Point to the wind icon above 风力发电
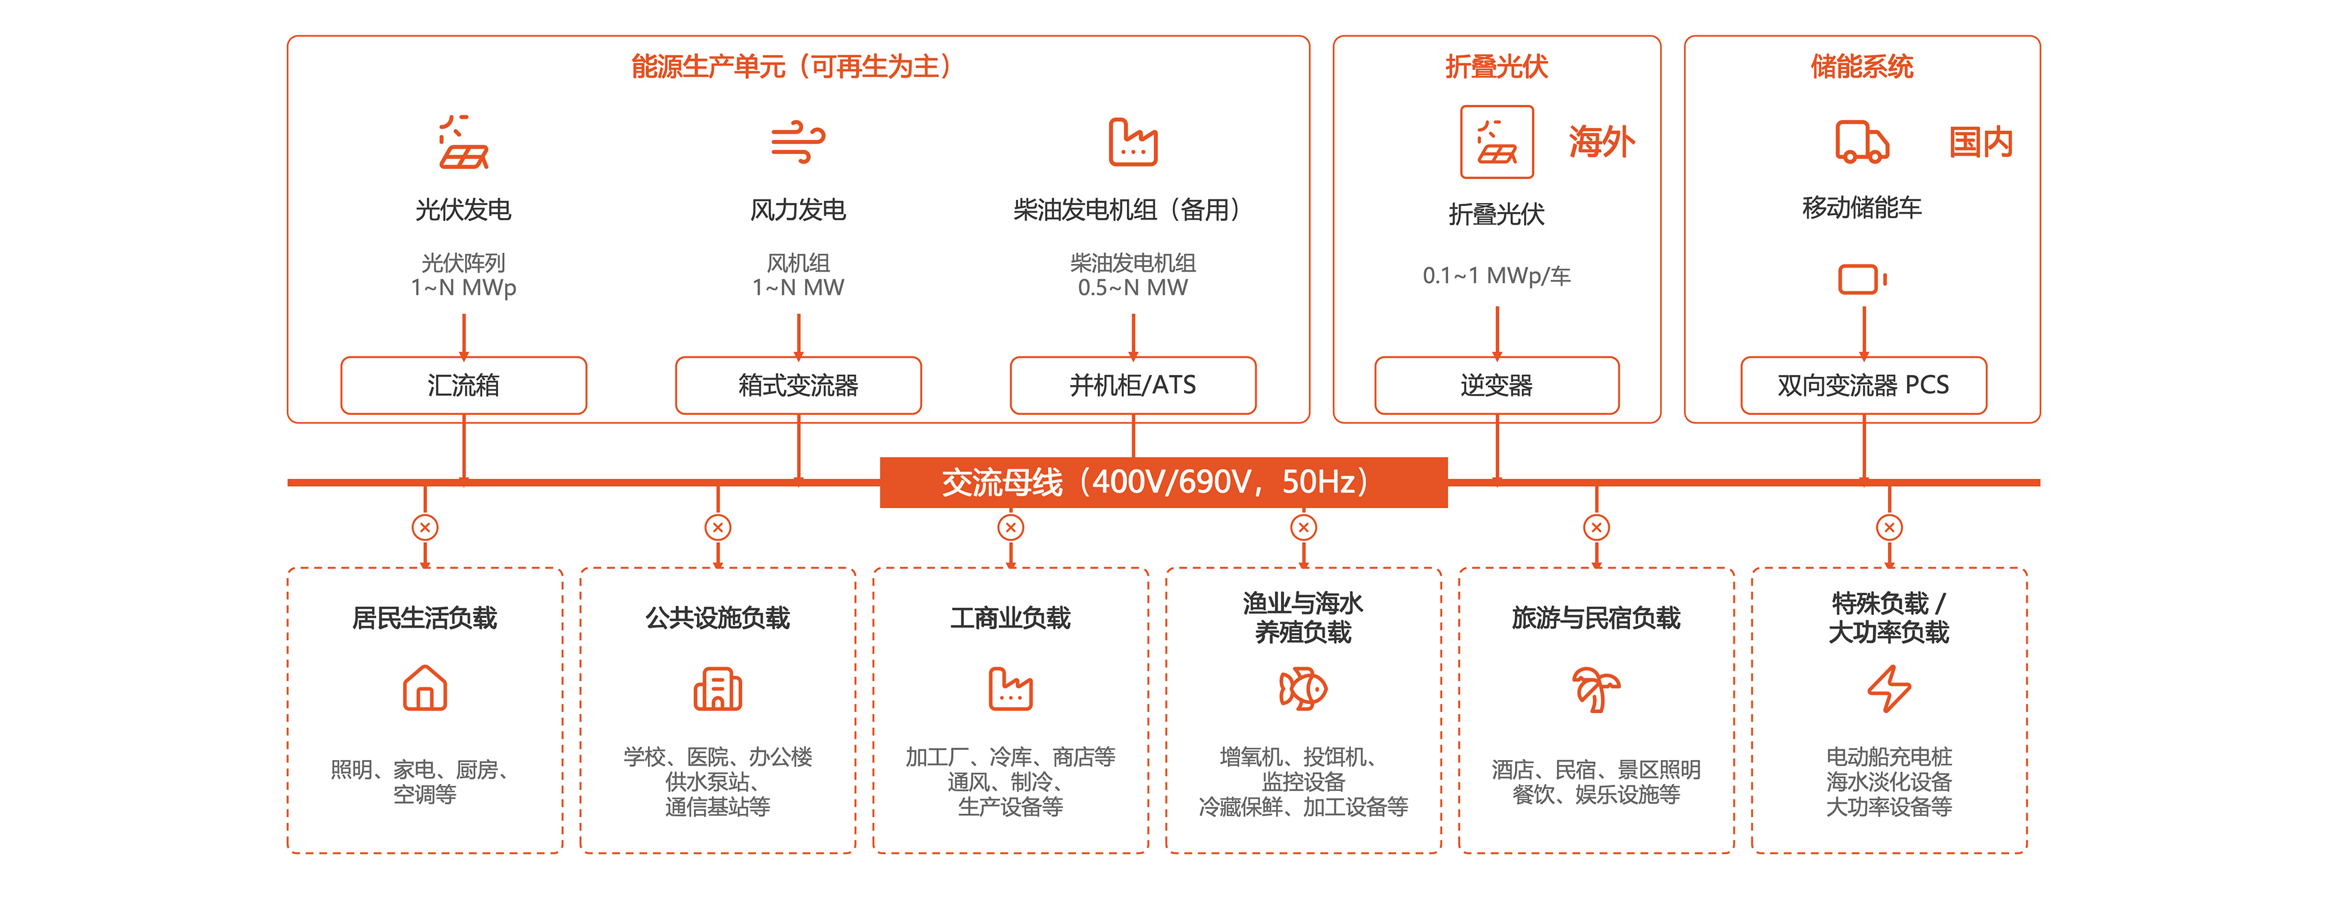tap(797, 142)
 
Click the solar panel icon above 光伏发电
tap(464, 142)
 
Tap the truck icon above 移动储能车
tap(1861, 142)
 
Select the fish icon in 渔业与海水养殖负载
tap(1303, 689)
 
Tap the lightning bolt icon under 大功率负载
tap(1889, 689)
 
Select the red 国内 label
tap(1980, 142)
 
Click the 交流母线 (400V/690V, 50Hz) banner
tap(1163, 482)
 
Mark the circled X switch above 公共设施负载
tap(718, 527)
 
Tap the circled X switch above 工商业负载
tap(1011, 527)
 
